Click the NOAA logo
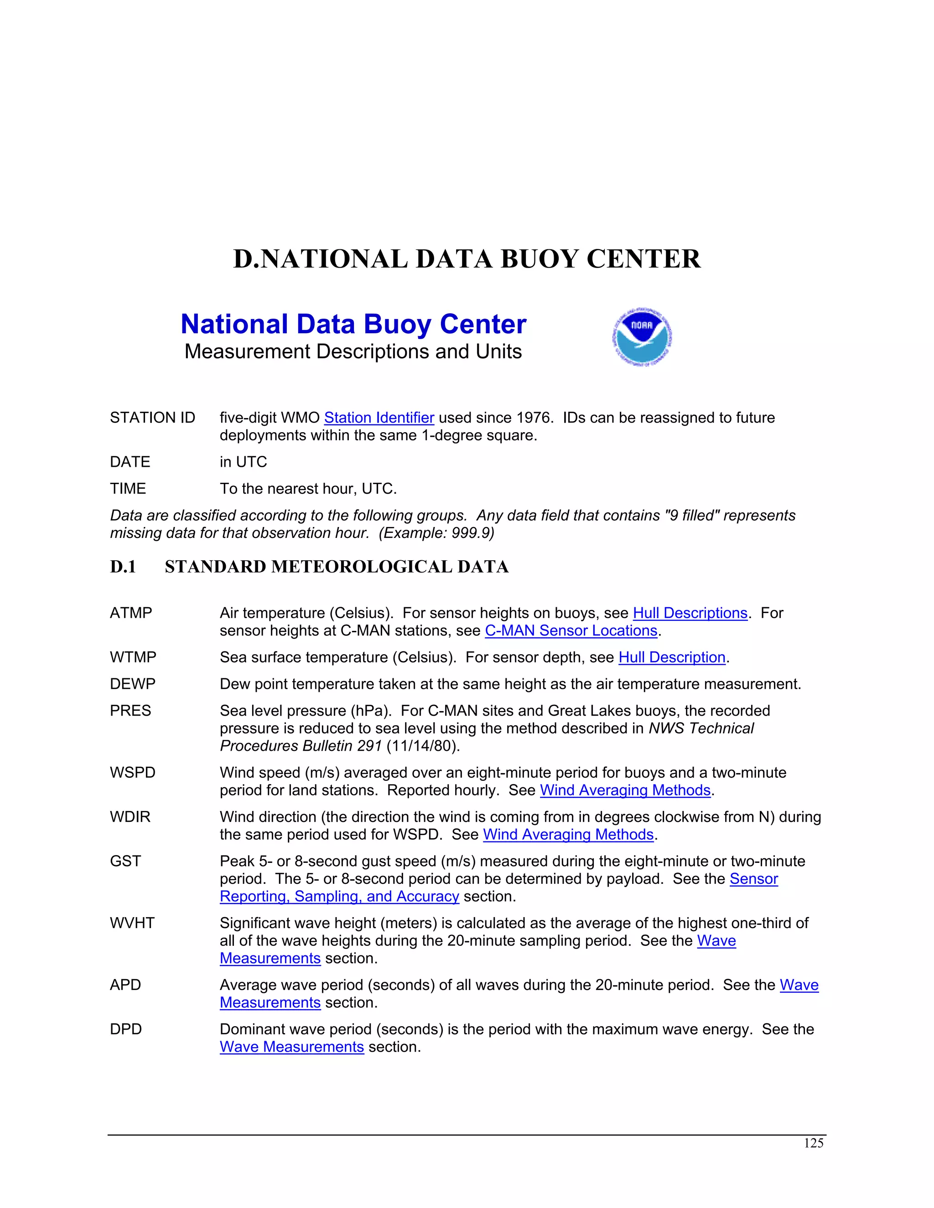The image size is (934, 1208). click(642, 337)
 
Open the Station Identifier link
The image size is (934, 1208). click(379, 418)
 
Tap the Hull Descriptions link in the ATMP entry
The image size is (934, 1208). click(690, 613)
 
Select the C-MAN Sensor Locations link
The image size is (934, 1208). click(571, 630)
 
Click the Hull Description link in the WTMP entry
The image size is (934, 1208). click(672, 657)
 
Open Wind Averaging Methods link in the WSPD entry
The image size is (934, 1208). click(625, 790)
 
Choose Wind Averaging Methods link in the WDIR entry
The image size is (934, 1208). click(568, 834)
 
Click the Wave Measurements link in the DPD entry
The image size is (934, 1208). click(291, 1047)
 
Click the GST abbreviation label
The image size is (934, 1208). click(125, 861)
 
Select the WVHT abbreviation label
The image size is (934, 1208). click(132, 923)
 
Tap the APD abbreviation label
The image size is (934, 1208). click(125, 985)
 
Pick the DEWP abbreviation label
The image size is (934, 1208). click(133, 684)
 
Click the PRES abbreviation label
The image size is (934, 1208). click(130, 711)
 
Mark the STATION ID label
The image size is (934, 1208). click(153, 418)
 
